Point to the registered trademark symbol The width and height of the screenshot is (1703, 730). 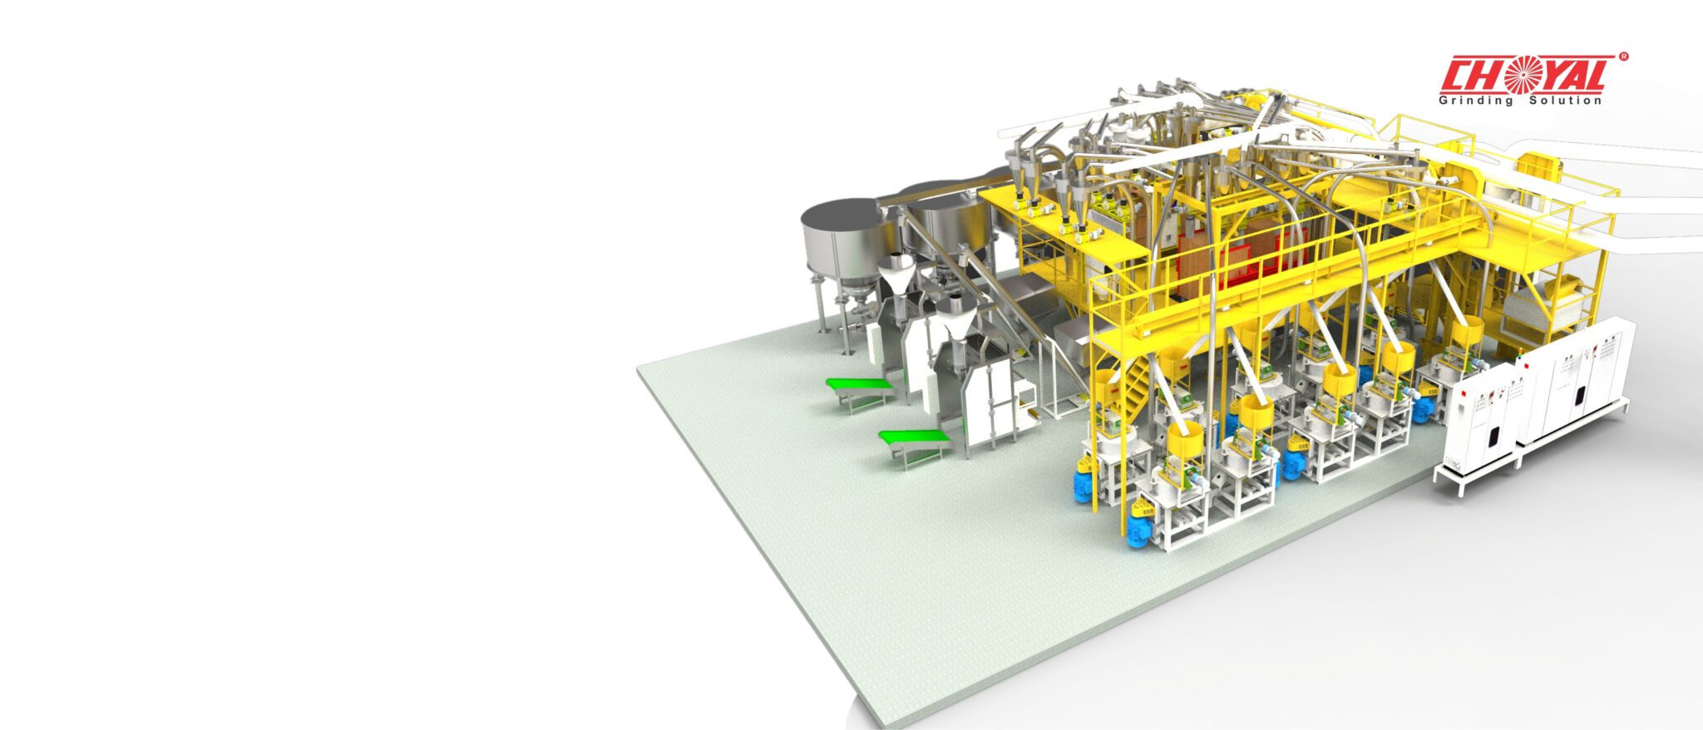click(x=1623, y=57)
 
